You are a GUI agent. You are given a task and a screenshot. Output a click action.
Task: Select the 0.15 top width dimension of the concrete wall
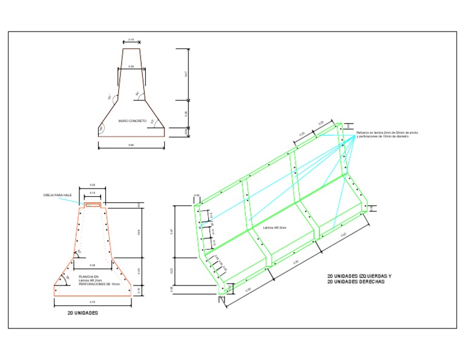[x=131, y=39]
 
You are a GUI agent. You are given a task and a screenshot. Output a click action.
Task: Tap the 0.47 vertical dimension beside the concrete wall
[x=186, y=74]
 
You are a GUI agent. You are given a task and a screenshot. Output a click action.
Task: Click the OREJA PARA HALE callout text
[x=58, y=195]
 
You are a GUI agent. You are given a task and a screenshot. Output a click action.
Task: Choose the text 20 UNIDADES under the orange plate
[x=83, y=313]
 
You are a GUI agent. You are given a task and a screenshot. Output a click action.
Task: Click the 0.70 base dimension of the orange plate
[x=93, y=302]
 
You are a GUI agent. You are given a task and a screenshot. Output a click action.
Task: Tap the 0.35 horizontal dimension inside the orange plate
[x=93, y=265]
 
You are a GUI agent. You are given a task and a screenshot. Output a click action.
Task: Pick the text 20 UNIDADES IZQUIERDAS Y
[x=359, y=276]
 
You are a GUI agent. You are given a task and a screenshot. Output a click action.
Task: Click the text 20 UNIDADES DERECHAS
[x=355, y=282]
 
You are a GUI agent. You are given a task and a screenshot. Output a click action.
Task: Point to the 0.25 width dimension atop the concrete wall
[x=131, y=66]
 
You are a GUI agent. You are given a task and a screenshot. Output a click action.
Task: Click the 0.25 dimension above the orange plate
[x=93, y=185]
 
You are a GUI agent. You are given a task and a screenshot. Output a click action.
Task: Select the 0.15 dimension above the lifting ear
[x=93, y=193]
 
